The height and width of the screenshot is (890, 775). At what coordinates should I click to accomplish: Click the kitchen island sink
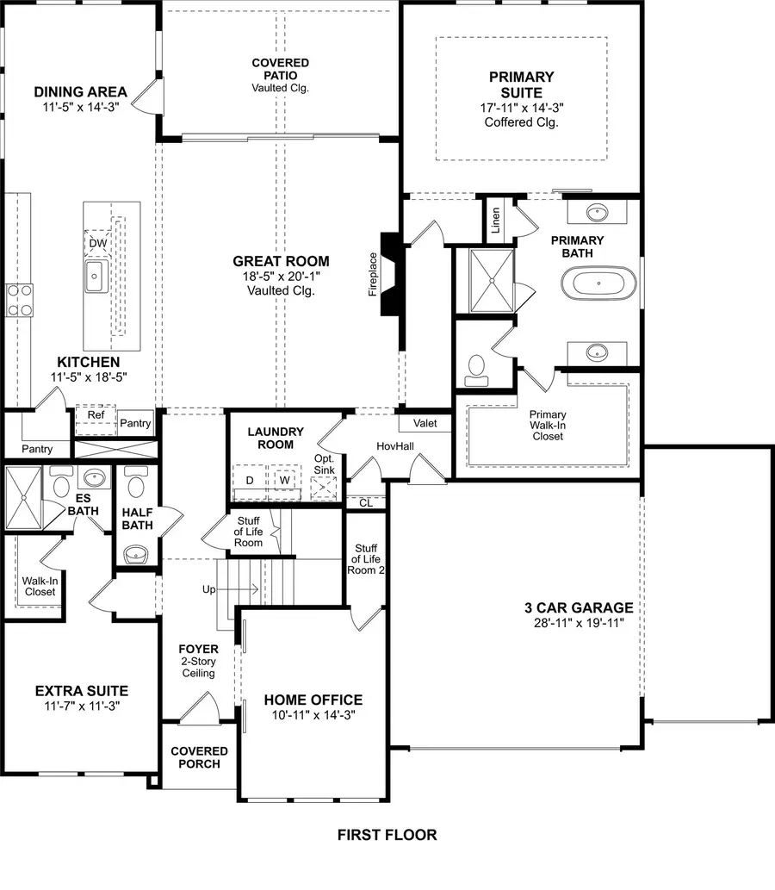[x=95, y=276]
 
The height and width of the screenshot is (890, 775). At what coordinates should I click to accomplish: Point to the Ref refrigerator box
[x=95, y=414]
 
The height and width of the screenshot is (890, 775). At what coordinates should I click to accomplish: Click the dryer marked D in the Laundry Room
[x=250, y=480]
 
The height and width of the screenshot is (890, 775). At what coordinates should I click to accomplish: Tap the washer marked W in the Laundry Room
[x=282, y=480]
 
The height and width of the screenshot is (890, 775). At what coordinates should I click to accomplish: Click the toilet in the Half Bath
[x=136, y=487]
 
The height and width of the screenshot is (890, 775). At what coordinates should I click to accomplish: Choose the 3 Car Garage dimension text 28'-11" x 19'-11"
[x=578, y=622]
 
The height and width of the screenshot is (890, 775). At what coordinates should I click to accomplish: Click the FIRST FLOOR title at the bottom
[x=387, y=834]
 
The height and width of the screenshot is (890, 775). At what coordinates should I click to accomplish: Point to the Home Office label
[x=313, y=700]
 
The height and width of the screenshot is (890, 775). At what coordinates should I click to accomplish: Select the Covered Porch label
[x=199, y=757]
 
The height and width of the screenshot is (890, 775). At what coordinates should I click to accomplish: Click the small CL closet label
[x=365, y=501]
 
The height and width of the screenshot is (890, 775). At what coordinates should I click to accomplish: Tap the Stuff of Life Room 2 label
[x=365, y=558]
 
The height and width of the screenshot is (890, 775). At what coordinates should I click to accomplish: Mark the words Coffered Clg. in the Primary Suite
[x=521, y=122]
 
